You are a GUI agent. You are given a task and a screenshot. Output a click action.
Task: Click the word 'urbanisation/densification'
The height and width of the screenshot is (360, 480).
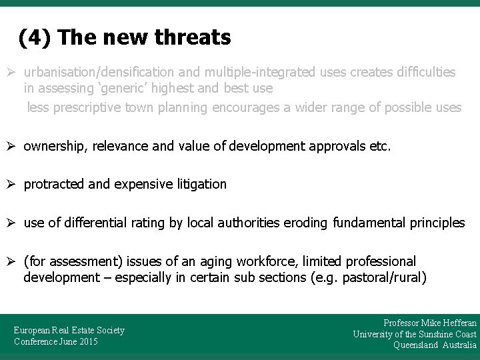(x=98, y=71)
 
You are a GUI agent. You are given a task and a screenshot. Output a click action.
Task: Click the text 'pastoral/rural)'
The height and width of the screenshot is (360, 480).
(x=384, y=277)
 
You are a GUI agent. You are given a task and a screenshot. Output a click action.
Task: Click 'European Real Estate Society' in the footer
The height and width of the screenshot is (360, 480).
(x=69, y=330)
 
